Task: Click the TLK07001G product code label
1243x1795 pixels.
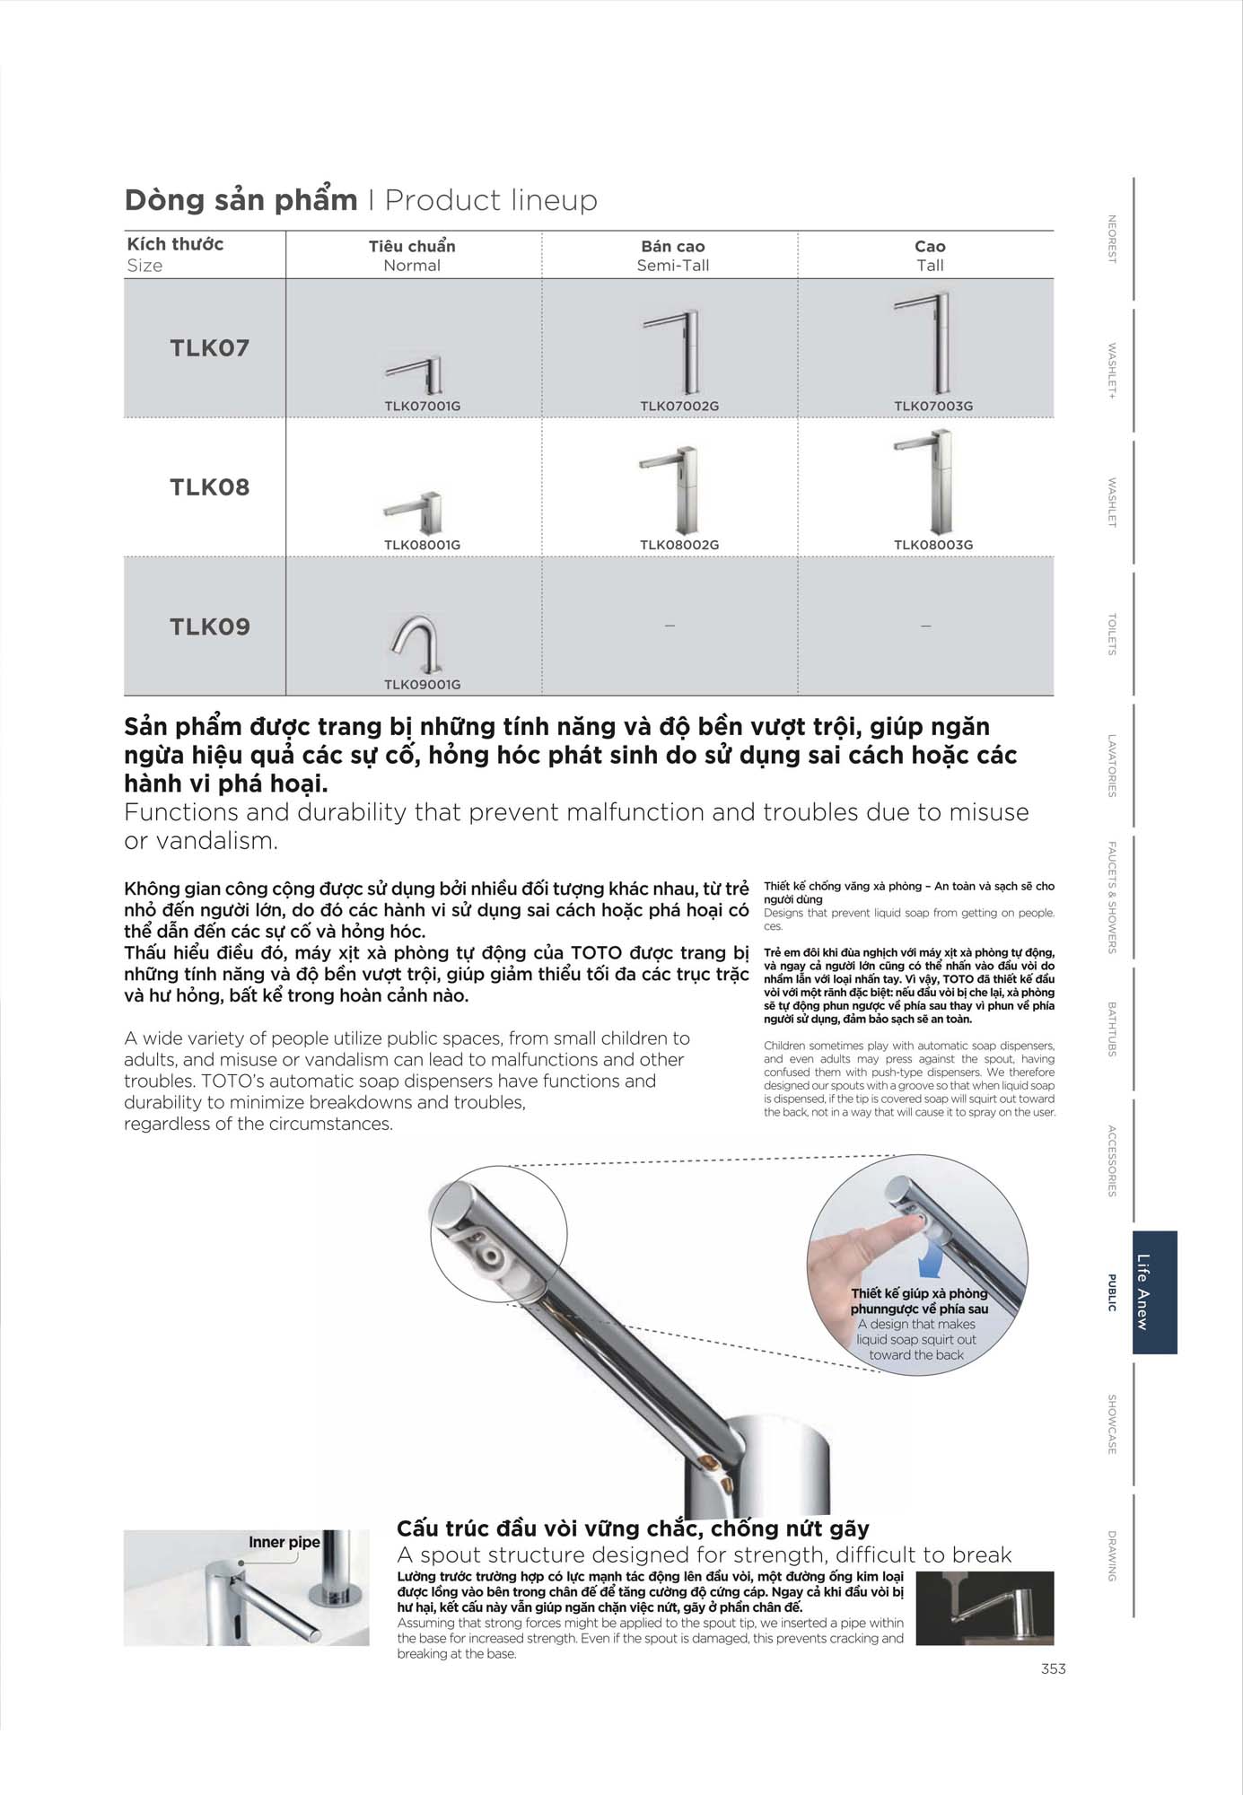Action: pyautogui.click(x=422, y=406)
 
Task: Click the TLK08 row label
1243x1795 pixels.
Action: pyautogui.click(x=209, y=487)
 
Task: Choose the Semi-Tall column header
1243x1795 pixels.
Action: pyautogui.click(x=672, y=256)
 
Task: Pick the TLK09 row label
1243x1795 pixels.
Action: pyautogui.click(x=209, y=626)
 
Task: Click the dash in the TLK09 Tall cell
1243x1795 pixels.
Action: pyautogui.click(x=925, y=626)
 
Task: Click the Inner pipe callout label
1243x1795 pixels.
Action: pyautogui.click(x=284, y=1542)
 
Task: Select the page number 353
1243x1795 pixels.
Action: pyautogui.click(x=1054, y=1668)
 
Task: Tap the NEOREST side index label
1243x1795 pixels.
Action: pyautogui.click(x=1112, y=239)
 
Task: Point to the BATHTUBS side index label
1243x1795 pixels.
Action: pyautogui.click(x=1112, y=1029)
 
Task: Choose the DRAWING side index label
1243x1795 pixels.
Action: pyautogui.click(x=1112, y=1555)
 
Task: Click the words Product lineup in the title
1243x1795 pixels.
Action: pyautogui.click(x=491, y=200)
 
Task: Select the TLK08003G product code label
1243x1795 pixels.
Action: pyautogui.click(x=932, y=545)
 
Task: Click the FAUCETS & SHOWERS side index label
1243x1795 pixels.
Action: pyautogui.click(x=1112, y=897)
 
